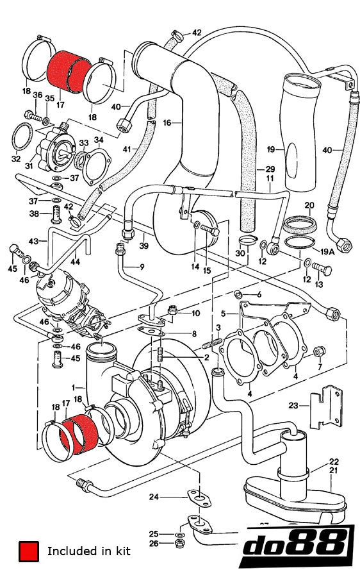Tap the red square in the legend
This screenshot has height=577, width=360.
[x=28, y=551]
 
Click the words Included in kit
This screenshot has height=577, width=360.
[x=88, y=551]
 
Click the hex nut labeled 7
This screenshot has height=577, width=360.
[x=321, y=350]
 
